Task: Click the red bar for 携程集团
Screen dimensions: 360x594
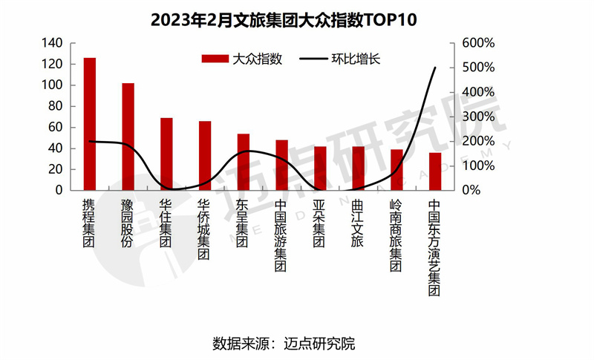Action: (x=89, y=124)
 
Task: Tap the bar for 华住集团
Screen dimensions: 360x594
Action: (x=166, y=154)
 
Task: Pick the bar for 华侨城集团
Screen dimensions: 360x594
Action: (x=205, y=155)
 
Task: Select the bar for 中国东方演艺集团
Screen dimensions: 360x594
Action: (x=435, y=171)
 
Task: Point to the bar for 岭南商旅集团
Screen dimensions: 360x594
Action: (x=396, y=170)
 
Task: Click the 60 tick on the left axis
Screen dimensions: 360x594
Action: (x=56, y=127)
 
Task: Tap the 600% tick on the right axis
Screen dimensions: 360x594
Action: (x=477, y=43)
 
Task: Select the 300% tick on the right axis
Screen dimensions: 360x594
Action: (x=477, y=117)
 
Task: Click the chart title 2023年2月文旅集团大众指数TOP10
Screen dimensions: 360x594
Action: (x=284, y=19)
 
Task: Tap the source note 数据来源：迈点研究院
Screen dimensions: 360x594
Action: (x=284, y=344)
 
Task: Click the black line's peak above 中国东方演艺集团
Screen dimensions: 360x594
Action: (x=435, y=68)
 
